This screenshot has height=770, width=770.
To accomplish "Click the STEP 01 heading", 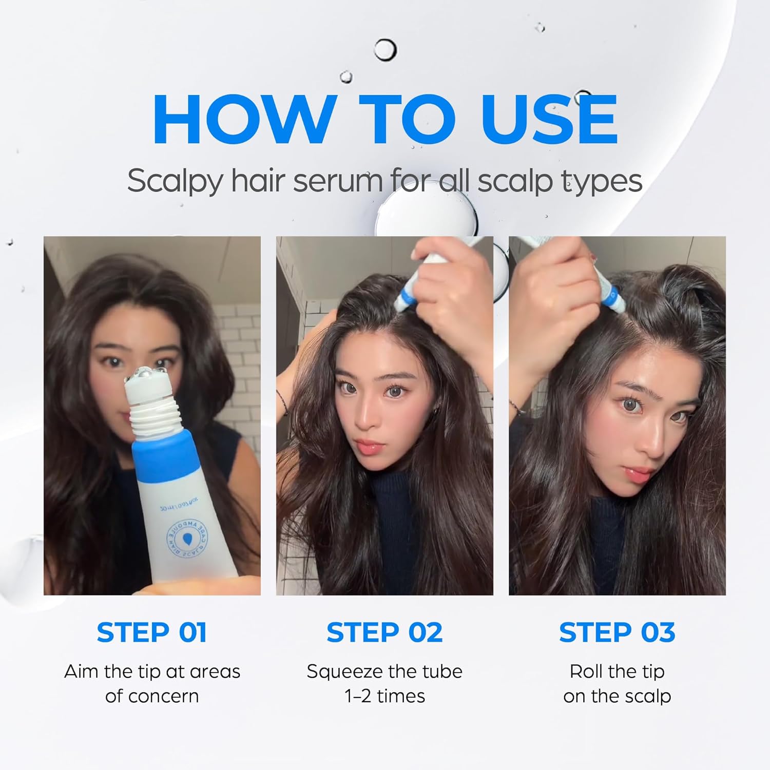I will pyautogui.click(x=151, y=632).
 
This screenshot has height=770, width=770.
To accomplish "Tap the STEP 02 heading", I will pyautogui.click(x=384, y=632).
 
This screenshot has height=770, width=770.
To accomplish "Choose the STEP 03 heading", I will pyautogui.click(x=617, y=632).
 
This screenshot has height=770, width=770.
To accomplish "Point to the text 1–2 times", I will pyautogui.click(x=384, y=696).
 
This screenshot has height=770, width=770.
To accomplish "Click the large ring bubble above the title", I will pyautogui.click(x=385, y=50).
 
